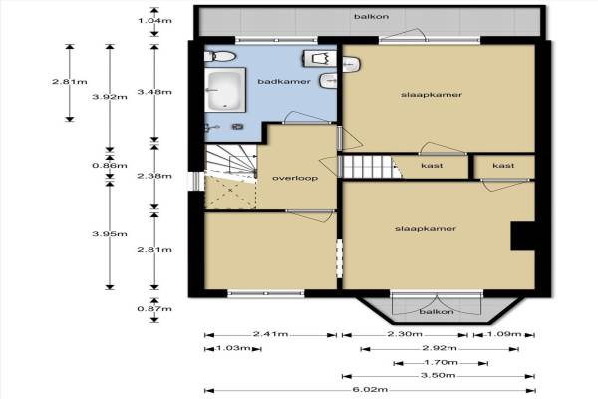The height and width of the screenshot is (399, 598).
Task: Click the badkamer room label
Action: [284, 82]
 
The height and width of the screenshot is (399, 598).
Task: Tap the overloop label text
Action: [295, 178]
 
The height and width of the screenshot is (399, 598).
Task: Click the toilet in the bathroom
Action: [220, 57]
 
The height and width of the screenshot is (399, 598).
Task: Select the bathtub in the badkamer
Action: [225, 90]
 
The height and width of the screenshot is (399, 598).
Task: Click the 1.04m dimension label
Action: [154, 21]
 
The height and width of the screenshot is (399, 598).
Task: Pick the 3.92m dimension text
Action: [110, 97]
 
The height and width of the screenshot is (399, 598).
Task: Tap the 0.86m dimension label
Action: [110, 166]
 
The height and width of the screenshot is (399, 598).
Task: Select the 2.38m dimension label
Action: [154, 176]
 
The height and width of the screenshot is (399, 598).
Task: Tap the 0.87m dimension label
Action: [154, 309]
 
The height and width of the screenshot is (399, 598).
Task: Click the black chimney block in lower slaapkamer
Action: [523, 236]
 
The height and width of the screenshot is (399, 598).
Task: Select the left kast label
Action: [432, 166]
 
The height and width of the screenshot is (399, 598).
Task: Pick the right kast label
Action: [503, 166]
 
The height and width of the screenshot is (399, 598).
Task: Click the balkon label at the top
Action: [371, 16]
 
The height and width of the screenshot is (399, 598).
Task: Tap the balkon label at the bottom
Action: [437, 312]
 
